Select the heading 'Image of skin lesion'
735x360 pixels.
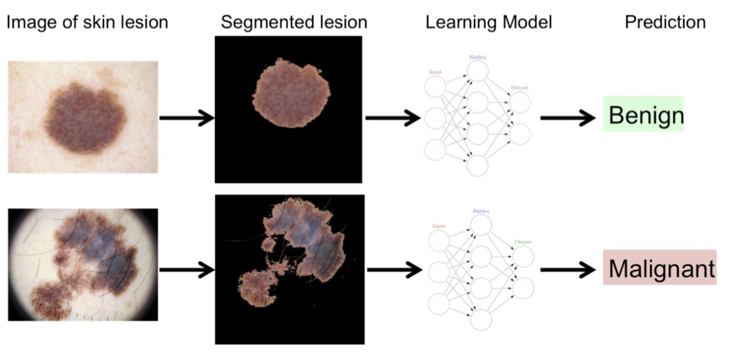click(x=87, y=22)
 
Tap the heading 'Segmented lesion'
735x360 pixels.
click(x=294, y=22)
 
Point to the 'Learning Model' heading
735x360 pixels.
click(x=489, y=22)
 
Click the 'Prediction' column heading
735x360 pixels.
click(x=665, y=22)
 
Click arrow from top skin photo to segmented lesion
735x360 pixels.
click(x=186, y=118)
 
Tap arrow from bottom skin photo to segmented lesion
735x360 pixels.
click(x=186, y=269)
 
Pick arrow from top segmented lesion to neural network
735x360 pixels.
click(x=393, y=118)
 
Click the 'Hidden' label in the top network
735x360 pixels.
click(x=477, y=58)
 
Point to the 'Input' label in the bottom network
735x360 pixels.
click(x=439, y=226)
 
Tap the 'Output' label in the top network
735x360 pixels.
click(x=519, y=88)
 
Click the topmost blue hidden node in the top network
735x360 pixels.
click(x=477, y=71)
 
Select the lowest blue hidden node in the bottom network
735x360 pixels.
click(x=481, y=319)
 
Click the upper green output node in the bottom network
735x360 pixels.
click(x=523, y=256)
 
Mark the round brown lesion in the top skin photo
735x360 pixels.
click(x=85, y=118)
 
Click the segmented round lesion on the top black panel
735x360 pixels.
click(x=291, y=93)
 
